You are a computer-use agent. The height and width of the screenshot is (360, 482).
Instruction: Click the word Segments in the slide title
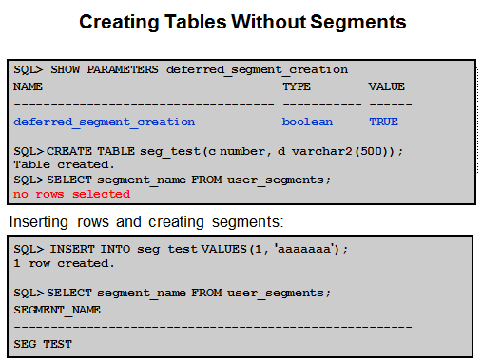[358, 22]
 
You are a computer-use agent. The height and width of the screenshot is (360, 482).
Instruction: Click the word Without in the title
[269, 22]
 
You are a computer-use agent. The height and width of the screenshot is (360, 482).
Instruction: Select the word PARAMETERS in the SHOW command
[123, 69]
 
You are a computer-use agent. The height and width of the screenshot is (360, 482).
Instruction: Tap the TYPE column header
[297, 86]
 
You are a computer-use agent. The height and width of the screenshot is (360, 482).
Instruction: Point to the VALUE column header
[386, 86]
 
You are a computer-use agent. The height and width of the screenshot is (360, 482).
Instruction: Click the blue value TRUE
[383, 122]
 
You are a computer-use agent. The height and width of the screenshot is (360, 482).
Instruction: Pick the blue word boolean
[307, 122]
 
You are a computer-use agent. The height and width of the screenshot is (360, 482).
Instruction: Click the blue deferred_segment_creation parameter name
[105, 123]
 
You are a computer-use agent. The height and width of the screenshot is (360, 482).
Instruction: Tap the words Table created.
[64, 164]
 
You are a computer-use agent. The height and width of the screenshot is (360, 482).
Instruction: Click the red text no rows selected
[71, 194]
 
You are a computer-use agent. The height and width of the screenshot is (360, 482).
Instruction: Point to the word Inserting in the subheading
[39, 221]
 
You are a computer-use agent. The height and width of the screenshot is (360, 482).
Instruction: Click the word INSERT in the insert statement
[72, 249]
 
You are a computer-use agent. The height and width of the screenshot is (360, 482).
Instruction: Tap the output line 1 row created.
[64, 263]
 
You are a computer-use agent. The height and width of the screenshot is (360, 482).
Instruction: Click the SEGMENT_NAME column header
[57, 310]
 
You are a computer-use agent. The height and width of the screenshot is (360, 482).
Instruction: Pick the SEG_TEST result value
[43, 344]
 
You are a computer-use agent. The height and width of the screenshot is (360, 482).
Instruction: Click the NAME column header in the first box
[28, 86]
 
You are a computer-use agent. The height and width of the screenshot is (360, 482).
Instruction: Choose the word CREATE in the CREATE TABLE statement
[69, 151]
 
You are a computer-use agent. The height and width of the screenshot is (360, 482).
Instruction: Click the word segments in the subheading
[248, 221]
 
